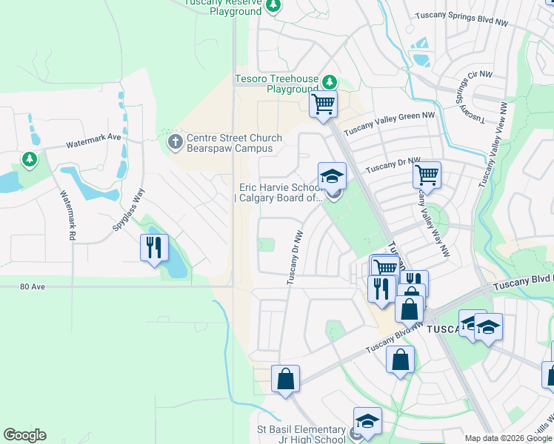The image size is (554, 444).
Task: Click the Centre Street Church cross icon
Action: coord(175,141)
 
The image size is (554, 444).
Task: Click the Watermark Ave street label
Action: coord(93,137)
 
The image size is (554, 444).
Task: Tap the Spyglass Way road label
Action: coord(128,210)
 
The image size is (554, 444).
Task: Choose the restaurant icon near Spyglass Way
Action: coord(154,247)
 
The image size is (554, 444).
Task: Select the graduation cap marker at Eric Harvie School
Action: coord(332,176)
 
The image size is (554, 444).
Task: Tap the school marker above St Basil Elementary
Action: coord(367,421)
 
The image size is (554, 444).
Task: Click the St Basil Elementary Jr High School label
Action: coord(301,434)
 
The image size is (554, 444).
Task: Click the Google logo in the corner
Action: coord(24,435)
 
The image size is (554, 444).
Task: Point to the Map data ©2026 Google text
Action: coord(508,439)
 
